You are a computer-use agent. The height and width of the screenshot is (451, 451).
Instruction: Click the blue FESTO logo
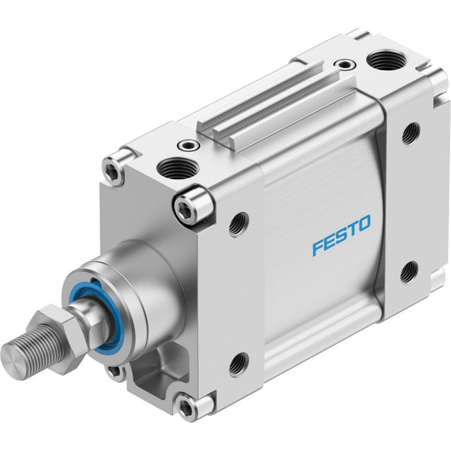(341, 235)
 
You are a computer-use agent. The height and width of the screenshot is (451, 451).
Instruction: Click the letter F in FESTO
(319, 248)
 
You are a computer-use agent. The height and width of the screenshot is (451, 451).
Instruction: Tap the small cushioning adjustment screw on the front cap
(189, 146)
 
